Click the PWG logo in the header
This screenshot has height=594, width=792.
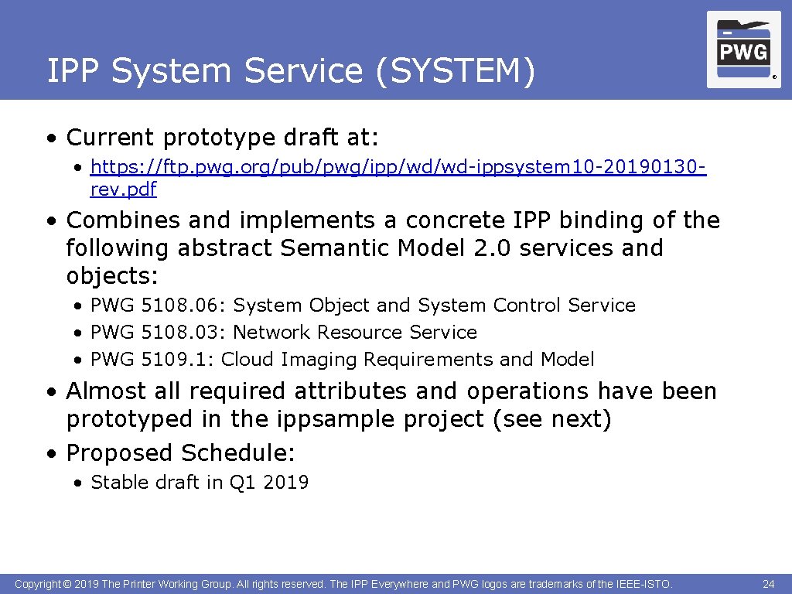(x=743, y=49)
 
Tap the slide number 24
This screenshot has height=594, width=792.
(x=768, y=584)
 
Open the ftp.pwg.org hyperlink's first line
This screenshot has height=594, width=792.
(x=398, y=167)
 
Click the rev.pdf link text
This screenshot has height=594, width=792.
(x=123, y=189)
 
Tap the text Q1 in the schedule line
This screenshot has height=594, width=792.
(x=243, y=483)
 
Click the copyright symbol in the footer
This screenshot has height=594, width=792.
(x=67, y=584)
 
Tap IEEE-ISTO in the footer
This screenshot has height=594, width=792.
(x=643, y=584)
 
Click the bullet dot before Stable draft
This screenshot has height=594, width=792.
(x=79, y=483)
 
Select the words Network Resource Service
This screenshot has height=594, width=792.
(x=355, y=333)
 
